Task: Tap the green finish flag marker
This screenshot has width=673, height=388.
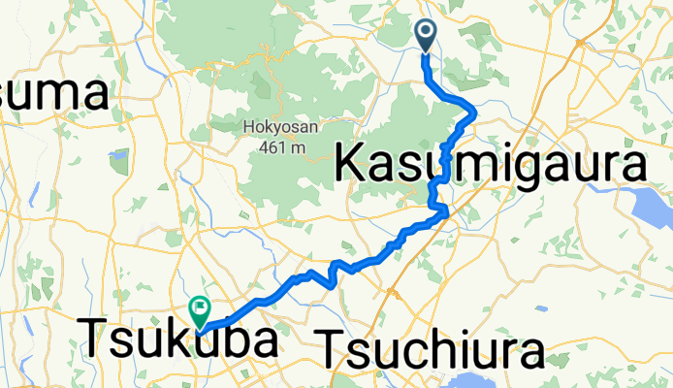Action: [x=200, y=311]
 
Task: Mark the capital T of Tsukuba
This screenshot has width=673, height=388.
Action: [x=94, y=339]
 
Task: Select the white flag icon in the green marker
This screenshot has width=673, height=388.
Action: [x=200, y=307]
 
